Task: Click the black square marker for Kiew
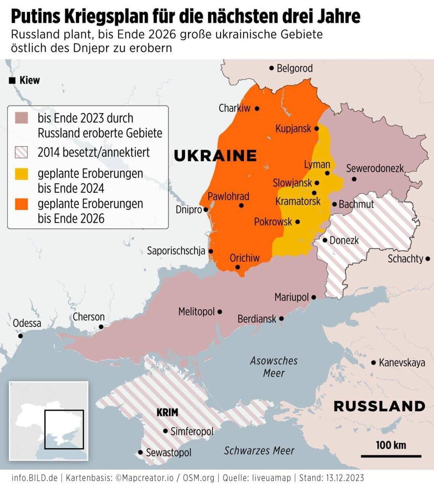pos(12,80)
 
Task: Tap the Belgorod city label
pos(295,68)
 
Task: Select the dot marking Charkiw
pos(257,109)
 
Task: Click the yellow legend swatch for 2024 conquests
pos(21,174)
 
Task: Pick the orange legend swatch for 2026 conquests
pos(21,204)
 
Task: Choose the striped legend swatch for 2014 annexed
pos(21,152)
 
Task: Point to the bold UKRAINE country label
pos(215,155)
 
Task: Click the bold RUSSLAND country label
pos(379,406)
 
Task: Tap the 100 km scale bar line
pos(391,456)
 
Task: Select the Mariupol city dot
pos(314,297)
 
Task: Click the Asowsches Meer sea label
pos(274,366)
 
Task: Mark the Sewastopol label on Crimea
pos(168,452)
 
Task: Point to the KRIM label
pos(167,412)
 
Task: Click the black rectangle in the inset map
pos(64,429)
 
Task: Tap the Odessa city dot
pos(20,336)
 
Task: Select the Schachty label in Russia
pos(405,259)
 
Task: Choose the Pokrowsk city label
pos(273,222)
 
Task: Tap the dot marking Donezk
pos(325,240)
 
